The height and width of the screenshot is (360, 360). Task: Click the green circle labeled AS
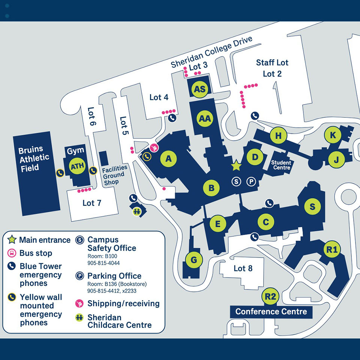(x=200, y=89)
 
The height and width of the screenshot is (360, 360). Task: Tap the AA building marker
(x=205, y=118)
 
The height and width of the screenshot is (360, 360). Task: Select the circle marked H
(x=278, y=136)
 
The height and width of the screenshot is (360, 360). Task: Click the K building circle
(x=333, y=135)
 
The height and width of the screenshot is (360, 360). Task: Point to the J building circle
(x=336, y=160)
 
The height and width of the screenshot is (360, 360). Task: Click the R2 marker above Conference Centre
(x=270, y=297)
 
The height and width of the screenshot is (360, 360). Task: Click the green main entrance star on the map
(x=236, y=165)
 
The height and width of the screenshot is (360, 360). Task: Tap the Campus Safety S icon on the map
(x=236, y=181)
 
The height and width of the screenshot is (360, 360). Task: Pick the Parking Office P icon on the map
(x=251, y=181)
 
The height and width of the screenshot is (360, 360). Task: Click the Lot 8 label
(x=243, y=268)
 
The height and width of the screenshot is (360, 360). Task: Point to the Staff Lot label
(x=272, y=63)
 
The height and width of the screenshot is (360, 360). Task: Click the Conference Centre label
(x=271, y=312)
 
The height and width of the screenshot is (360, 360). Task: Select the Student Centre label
(x=281, y=165)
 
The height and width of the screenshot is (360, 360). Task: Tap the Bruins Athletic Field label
(x=34, y=158)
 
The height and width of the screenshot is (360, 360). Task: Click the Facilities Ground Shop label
(x=115, y=175)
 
